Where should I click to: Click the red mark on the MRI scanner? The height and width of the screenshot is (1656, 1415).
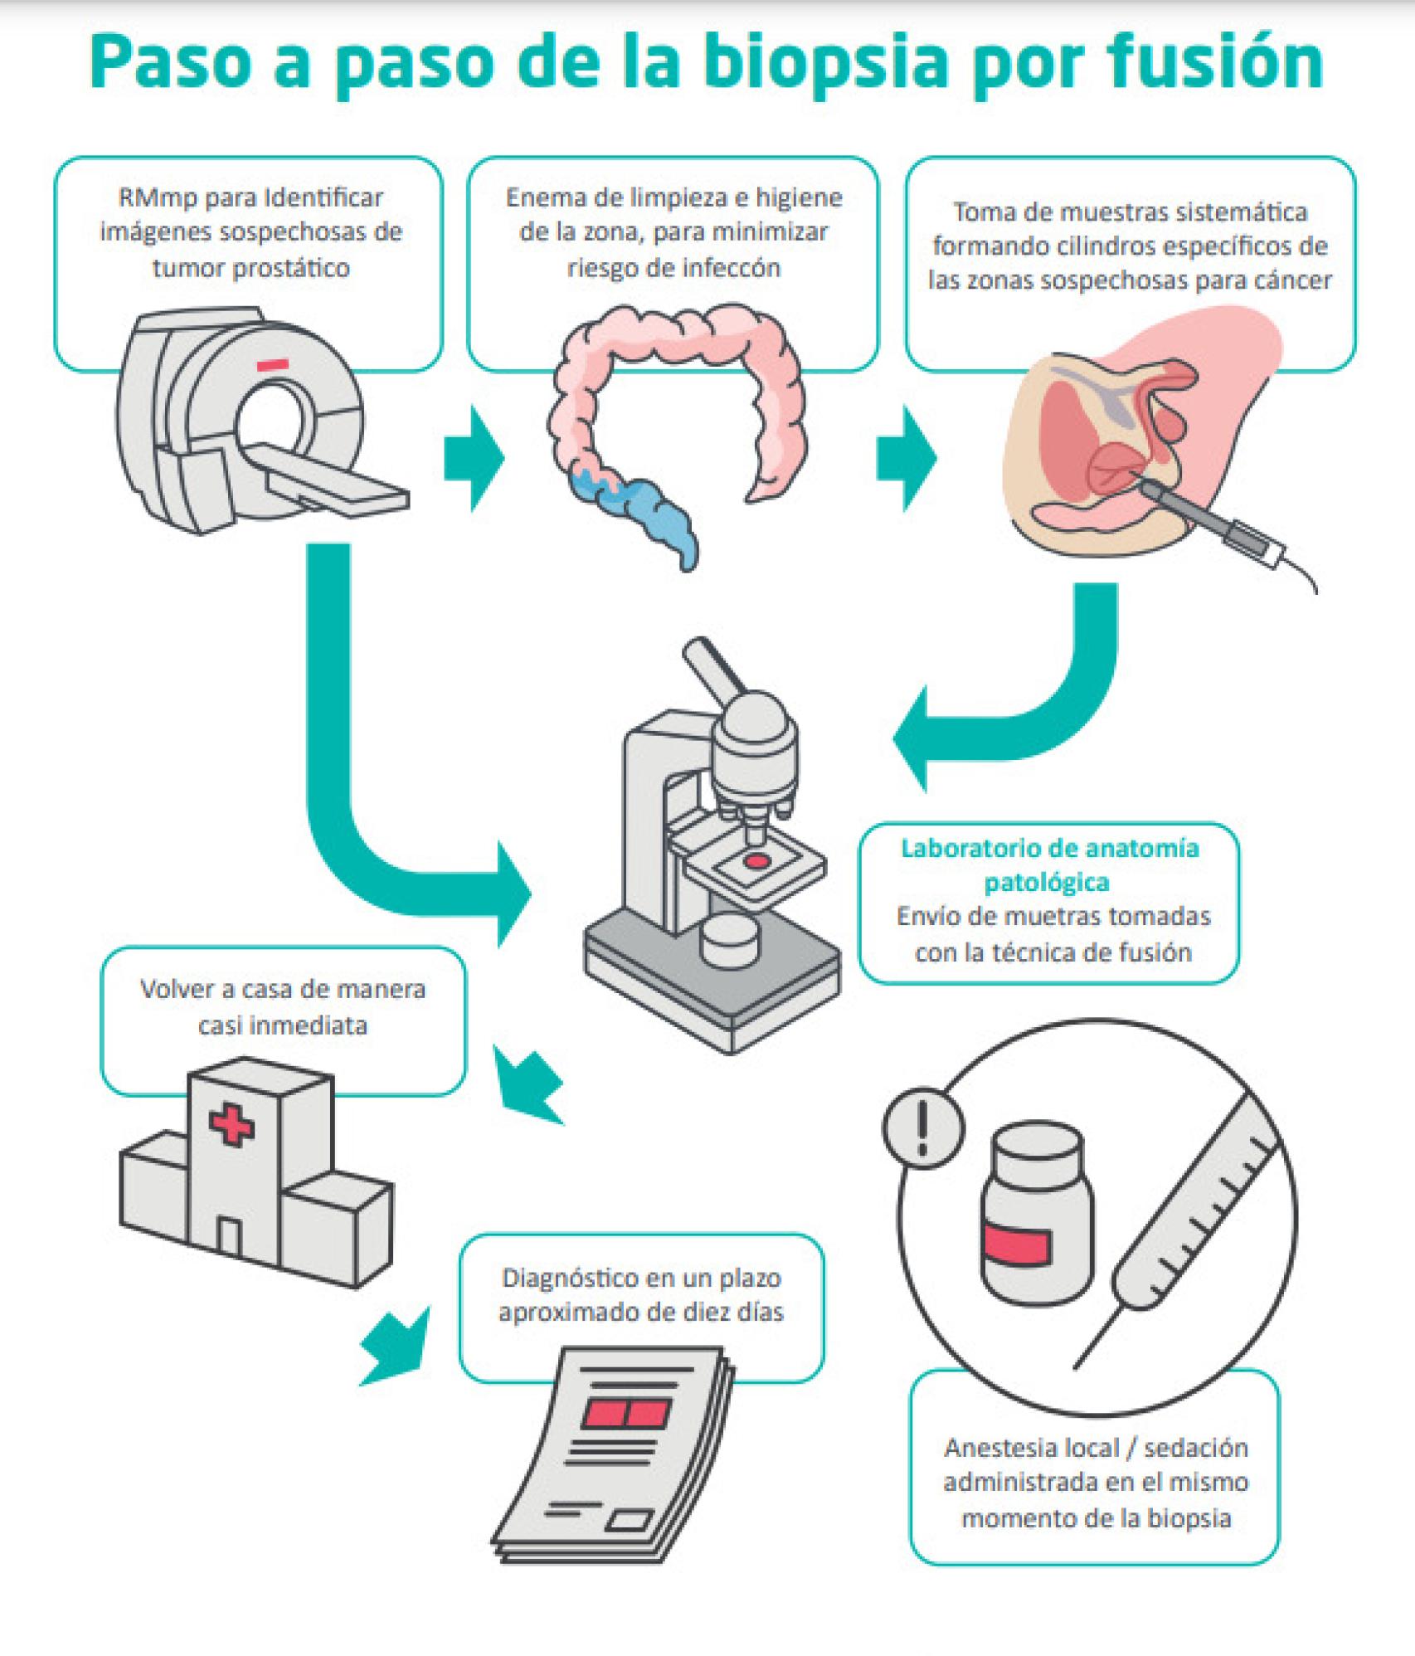272,364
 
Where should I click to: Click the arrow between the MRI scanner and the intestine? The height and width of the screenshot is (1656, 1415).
474,458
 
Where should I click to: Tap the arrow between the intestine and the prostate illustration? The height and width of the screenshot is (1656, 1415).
907,458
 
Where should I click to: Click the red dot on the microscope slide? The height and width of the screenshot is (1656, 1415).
755,861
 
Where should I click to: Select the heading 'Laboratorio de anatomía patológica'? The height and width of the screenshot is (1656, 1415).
1049,865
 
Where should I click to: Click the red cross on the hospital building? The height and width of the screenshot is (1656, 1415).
231,1125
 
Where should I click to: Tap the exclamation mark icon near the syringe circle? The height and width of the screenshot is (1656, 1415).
923,1128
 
